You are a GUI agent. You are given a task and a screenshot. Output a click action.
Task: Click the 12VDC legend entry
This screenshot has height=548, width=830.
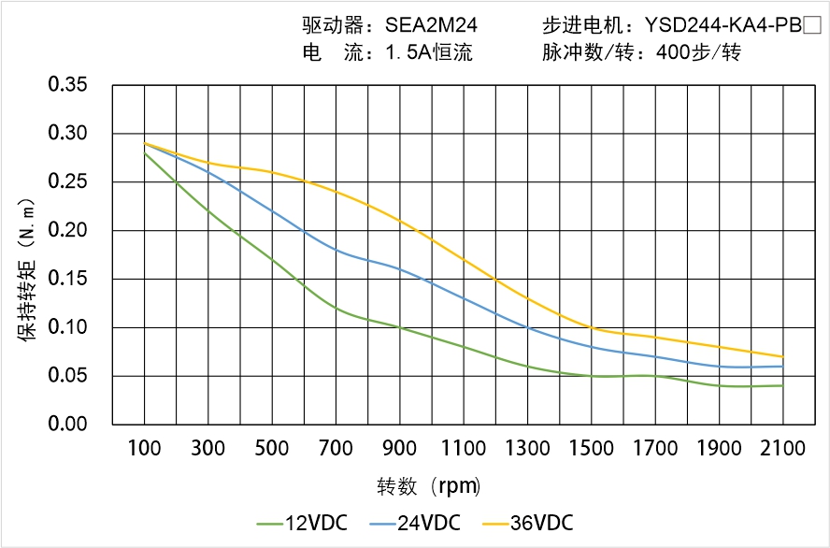[303, 523]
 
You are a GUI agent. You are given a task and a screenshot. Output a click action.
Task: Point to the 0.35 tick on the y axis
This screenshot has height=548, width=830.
[67, 85]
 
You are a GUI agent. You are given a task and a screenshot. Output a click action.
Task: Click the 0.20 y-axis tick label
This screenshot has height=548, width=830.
[67, 230]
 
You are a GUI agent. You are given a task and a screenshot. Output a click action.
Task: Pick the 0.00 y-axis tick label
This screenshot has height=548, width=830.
[67, 425]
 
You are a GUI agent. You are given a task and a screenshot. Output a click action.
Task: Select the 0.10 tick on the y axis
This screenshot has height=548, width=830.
[67, 327]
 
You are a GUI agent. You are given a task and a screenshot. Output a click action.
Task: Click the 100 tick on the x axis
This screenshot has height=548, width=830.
[144, 449]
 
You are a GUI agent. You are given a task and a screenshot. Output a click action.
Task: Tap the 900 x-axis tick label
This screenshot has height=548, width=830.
[400, 449]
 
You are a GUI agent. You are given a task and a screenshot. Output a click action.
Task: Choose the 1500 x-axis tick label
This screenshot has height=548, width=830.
[592, 449]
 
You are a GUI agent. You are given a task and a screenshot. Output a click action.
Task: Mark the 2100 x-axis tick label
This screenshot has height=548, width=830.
[783, 449]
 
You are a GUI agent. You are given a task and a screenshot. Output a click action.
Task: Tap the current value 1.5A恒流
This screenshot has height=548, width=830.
[429, 53]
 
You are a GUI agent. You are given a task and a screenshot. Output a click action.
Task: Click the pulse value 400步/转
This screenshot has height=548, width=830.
[698, 53]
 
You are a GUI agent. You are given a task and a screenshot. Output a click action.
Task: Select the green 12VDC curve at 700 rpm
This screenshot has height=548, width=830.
[336, 308]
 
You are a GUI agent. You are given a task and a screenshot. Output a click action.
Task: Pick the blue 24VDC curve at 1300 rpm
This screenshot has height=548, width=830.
[527, 327]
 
